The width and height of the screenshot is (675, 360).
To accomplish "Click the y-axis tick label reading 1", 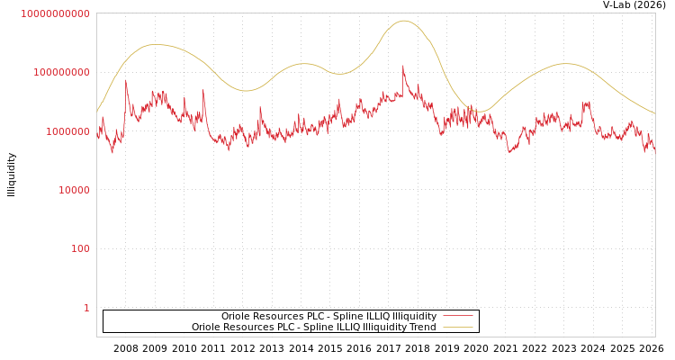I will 86,308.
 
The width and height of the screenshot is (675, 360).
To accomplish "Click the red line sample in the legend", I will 458,317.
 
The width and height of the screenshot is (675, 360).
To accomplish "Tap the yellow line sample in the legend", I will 458,328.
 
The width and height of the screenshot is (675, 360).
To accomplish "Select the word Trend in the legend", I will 422,328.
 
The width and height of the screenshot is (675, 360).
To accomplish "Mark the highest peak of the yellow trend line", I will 404,21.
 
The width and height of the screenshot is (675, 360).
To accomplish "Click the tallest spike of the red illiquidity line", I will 403,65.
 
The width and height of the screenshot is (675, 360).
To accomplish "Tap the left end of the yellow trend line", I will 97,112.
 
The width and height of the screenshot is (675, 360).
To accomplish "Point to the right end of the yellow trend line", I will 654,113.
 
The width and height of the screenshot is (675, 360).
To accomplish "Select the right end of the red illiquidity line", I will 654,153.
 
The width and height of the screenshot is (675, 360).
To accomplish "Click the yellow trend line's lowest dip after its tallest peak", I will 480,112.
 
